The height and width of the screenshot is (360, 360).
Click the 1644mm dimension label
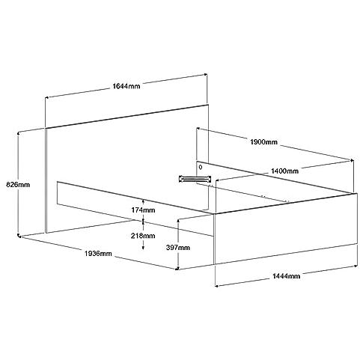point(126,86)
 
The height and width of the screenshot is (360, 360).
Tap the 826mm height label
point(18,185)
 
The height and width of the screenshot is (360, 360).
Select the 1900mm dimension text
point(263,142)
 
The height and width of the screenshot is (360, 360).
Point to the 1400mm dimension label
point(284,171)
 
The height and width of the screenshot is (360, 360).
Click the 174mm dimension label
point(143,210)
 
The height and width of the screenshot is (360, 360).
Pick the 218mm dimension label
point(143,236)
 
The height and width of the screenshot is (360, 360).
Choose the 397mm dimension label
point(178,248)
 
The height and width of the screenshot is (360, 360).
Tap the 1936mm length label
point(98,254)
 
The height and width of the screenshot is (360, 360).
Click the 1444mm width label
point(286,276)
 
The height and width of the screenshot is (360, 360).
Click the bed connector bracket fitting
point(195,179)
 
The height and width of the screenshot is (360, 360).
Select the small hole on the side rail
point(201,167)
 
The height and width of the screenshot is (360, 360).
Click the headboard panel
point(127,169)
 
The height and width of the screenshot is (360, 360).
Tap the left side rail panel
point(135,209)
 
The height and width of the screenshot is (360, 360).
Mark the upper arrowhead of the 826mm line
point(18,133)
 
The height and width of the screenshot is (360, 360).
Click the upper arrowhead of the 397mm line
point(178,222)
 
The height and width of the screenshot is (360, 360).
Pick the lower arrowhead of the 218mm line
point(143,248)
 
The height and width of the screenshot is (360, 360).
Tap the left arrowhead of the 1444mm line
point(216,286)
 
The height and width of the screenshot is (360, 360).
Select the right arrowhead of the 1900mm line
point(352,160)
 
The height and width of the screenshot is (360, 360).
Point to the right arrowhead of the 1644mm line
point(206,74)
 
